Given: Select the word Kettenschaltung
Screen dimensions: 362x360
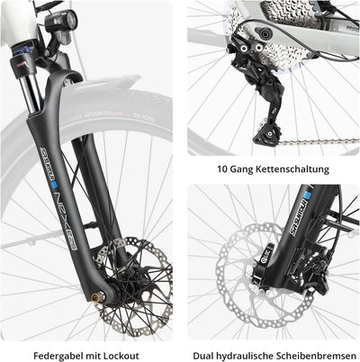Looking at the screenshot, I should click(x=292, y=168).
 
